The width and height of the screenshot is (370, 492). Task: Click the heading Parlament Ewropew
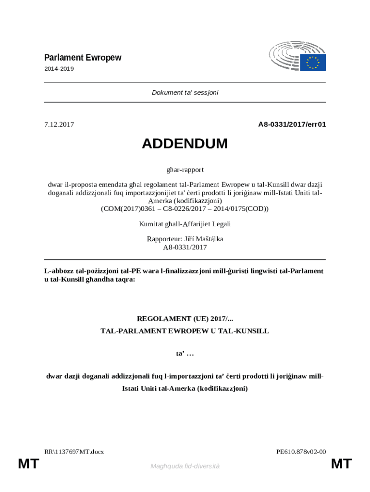point(83,58)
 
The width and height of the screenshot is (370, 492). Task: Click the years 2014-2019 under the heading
point(59,69)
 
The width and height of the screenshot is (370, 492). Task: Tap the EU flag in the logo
point(313,62)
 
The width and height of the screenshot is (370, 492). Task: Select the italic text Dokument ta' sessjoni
point(185,92)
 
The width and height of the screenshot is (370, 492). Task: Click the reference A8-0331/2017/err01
point(292,124)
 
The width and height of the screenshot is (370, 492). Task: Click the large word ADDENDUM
point(185,144)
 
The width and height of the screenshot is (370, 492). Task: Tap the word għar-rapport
point(185,170)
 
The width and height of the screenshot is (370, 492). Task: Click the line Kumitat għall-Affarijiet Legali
point(185,224)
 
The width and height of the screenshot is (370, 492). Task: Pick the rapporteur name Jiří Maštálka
point(202,239)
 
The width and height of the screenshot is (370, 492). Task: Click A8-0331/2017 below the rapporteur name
point(185,247)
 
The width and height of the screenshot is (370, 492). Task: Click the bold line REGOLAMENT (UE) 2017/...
point(185,319)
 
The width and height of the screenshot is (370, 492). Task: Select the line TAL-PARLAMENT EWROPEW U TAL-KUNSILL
point(185,331)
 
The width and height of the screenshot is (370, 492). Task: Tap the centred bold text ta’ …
point(185,354)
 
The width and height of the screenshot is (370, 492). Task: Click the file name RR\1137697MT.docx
point(74,452)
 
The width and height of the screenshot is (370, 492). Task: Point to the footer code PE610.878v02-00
point(301,452)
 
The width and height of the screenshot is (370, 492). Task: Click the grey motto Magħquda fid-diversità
point(185,466)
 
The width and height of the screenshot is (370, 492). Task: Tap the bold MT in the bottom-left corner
point(28,464)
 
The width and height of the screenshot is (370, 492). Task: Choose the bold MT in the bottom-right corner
point(342,464)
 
